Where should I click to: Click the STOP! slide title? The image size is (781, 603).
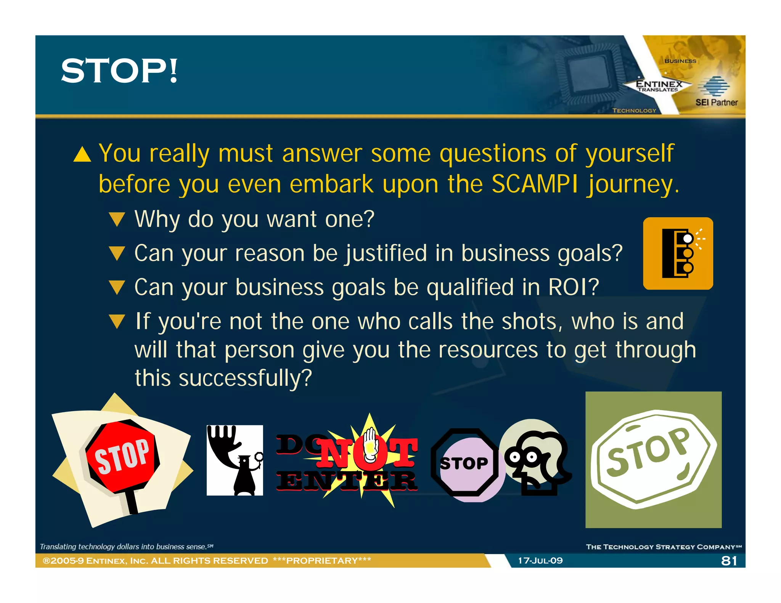coord(119,71)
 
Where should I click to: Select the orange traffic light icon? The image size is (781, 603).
coord(678,253)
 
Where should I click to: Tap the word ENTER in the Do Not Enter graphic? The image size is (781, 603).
coord(346,481)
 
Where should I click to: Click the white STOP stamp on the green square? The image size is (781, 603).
coord(653,459)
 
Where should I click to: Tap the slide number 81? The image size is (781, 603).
coord(729,561)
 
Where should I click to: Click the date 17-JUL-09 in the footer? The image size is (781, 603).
coord(540,561)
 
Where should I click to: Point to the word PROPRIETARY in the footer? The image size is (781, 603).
coord(322,561)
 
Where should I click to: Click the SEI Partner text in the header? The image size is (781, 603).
coord(716,103)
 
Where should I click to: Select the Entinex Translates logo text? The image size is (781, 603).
coord(659,86)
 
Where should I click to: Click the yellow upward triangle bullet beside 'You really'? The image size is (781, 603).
coord(82,155)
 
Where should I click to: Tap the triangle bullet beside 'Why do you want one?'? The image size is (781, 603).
coord(117,220)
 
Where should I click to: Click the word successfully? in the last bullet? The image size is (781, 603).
coord(245,378)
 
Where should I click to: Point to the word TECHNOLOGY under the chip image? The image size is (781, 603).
coord(634,111)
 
